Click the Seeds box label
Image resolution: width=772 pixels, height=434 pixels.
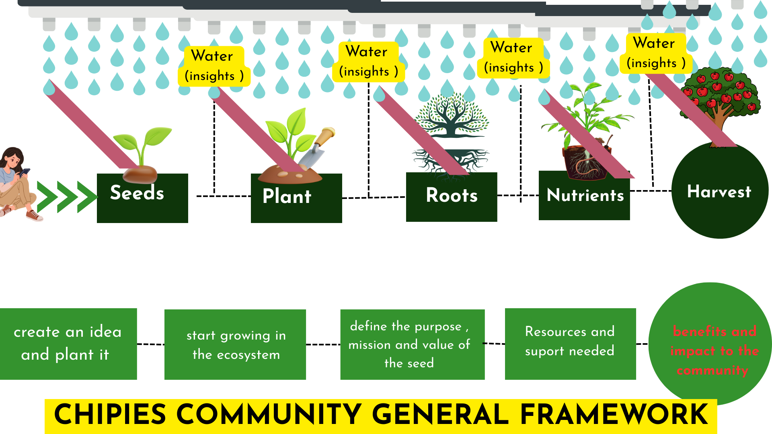point(137,193)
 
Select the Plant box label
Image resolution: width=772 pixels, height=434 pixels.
point(287,197)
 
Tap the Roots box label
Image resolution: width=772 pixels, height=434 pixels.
point(452,196)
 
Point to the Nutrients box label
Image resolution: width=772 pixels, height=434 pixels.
point(585,195)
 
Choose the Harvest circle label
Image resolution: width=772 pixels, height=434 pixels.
point(719,192)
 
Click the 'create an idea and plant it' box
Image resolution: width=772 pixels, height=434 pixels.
point(68,344)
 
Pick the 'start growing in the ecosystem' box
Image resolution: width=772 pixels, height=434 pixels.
point(235,344)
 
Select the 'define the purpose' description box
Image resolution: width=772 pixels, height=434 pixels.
point(412,344)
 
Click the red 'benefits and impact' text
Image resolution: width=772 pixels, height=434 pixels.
point(714,350)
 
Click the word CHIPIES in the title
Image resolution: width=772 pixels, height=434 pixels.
point(110,415)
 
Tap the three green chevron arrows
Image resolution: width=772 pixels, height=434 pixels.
point(67,197)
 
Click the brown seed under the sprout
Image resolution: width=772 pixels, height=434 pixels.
point(140,174)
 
